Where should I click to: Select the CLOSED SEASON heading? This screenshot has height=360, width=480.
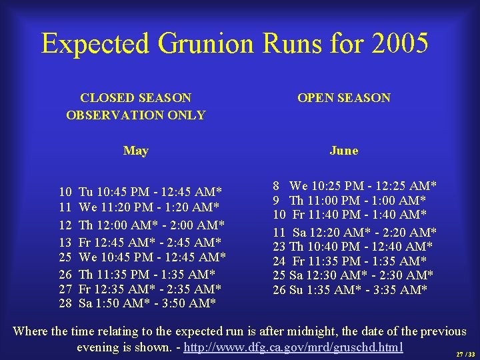pyautogui.click(x=135, y=98)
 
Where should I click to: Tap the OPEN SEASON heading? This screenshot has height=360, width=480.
pyautogui.click(x=343, y=98)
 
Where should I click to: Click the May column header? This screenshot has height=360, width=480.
pyautogui.click(x=135, y=151)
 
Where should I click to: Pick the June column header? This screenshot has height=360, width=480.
pyautogui.click(x=343, y=151)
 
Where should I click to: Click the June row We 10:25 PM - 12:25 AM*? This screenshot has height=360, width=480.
pyautogui.click(x=354, y=185)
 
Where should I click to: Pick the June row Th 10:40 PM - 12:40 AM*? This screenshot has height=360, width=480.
pyautogui.click(x=354, y=247)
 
